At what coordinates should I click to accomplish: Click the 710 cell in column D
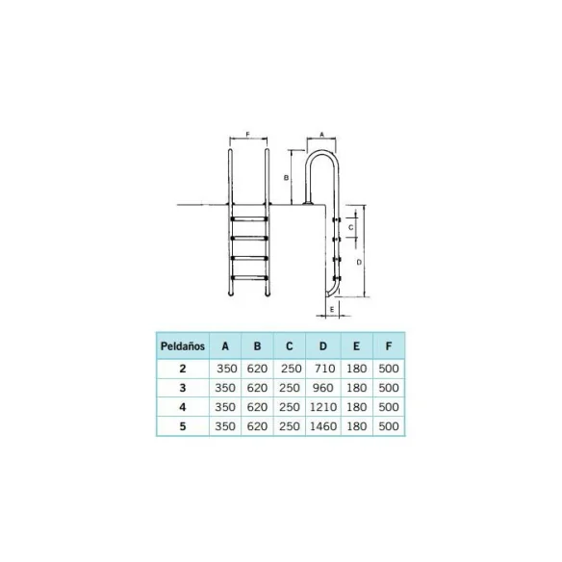point(322,369)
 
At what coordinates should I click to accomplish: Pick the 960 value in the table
point(322,387)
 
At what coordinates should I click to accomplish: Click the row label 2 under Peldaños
point(183,369)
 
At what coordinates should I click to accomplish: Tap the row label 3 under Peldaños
point(183,387)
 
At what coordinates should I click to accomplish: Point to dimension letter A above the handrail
point(321,137)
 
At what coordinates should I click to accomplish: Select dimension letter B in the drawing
point(286,178)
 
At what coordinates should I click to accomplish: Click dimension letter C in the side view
point(351,227)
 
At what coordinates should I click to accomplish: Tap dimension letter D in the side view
point(359,261)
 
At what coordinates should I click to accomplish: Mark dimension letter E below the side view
point(331,310)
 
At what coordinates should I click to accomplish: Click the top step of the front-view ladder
point(249,220)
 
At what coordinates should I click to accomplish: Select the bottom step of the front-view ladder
point(249,277)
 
